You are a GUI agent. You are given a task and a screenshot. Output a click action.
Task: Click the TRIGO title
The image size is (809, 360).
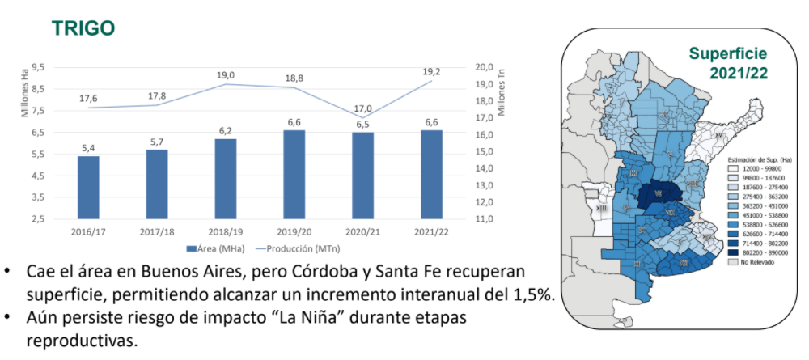(83, 28)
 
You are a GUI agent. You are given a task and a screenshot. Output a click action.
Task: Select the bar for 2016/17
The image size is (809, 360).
(88, 187)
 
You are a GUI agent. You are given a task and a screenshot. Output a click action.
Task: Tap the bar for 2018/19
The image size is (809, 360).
(226, 178)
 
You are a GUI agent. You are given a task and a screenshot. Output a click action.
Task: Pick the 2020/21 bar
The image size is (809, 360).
(363, 175)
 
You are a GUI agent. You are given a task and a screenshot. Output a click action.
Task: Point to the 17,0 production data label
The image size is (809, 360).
(363, 108)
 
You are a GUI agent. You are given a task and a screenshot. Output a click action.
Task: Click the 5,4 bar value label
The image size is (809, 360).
(88, 147)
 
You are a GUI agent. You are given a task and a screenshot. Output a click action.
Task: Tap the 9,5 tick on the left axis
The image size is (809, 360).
(38, 68)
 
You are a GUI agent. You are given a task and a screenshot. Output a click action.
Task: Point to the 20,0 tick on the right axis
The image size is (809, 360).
(484, 68)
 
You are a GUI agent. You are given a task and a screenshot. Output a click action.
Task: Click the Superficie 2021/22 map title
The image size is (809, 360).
(727, 63)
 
